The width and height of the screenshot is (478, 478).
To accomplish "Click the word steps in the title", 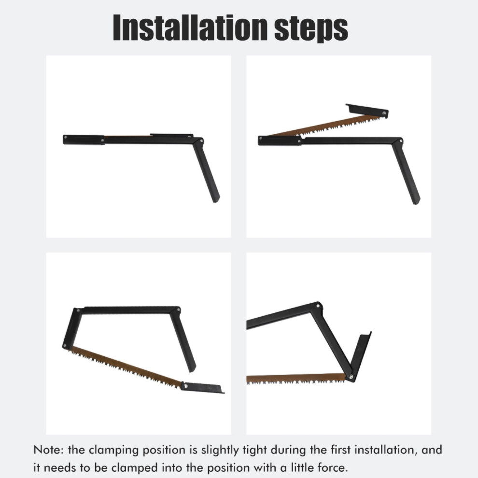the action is [x=311, y=29].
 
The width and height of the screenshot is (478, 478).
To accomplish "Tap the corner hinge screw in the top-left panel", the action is [x=201, y=141].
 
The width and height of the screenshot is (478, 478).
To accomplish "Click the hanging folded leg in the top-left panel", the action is [x=206, y=170].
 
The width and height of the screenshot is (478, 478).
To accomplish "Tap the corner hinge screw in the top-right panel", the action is [x=401, y=141].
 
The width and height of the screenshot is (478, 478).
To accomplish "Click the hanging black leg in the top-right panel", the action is [x=406, y=172].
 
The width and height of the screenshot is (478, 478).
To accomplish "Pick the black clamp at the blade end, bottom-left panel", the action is [x=202, y=387].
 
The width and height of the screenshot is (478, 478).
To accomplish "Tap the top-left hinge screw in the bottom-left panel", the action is [x=78, y=310].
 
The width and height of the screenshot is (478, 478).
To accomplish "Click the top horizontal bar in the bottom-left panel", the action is [x=129, y=310].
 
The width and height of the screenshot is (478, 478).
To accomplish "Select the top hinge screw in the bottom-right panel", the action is [x=318, y=306].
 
